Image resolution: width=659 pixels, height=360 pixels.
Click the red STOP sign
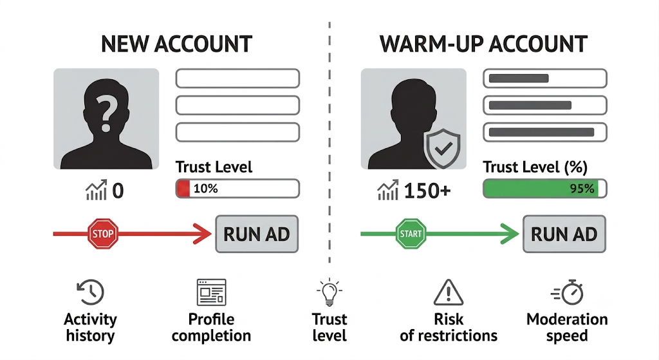(x=103, y=233)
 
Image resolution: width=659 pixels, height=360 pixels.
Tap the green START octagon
(x=411, y=233)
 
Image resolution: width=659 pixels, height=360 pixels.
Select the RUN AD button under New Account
(x=257, y=234)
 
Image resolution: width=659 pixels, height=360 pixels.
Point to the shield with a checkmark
(x=442, y=149)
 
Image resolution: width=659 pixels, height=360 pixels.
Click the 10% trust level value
(x=205, y=189)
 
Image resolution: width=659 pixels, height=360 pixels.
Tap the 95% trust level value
(x=582, y=189)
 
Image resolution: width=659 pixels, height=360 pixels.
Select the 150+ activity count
(x=427, y=191)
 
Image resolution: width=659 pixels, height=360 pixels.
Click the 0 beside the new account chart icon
(x=118, y=191)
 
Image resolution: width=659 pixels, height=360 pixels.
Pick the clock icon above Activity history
(x=90, y=292)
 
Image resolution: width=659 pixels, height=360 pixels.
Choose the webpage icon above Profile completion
(x=211, y=292)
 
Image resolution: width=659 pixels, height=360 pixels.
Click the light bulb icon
(x=329, y=292)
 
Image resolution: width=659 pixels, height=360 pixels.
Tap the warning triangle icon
(x=449, y=292)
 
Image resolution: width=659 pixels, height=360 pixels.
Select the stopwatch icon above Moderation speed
(x=567, y=292)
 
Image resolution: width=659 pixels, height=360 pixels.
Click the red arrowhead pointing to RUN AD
(x=203, y=234)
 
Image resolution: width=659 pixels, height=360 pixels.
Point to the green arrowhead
(x=510, y=234)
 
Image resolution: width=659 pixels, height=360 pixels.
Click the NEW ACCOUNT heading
(x=176, y=44)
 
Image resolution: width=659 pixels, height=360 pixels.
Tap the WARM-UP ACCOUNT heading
(x=483, y=44)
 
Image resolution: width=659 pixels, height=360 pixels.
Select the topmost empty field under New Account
(x=237, y=78)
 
